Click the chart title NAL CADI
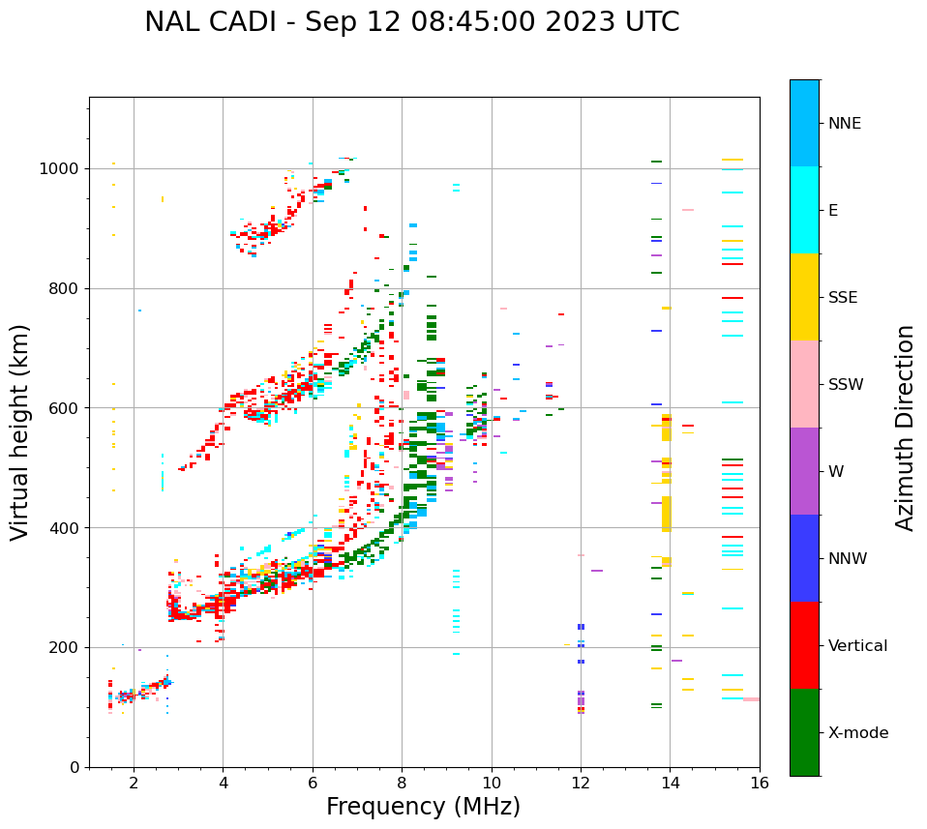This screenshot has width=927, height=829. coord(411,22)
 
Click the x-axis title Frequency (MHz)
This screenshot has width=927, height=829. coord(423,807)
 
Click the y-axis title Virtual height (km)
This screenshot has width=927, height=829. coord(20,431)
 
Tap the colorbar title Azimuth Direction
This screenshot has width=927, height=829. coord(905,427)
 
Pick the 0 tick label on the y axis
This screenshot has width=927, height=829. coord(74,767)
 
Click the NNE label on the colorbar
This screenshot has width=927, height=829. coord(844,124)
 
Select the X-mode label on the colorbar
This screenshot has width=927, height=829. coord(857,733)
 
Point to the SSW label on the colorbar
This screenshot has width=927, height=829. coord(846,385)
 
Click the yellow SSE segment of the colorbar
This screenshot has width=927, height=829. coord(804,297)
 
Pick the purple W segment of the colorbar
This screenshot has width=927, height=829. coord(804,471)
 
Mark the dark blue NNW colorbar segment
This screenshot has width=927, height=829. coord(804,558)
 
